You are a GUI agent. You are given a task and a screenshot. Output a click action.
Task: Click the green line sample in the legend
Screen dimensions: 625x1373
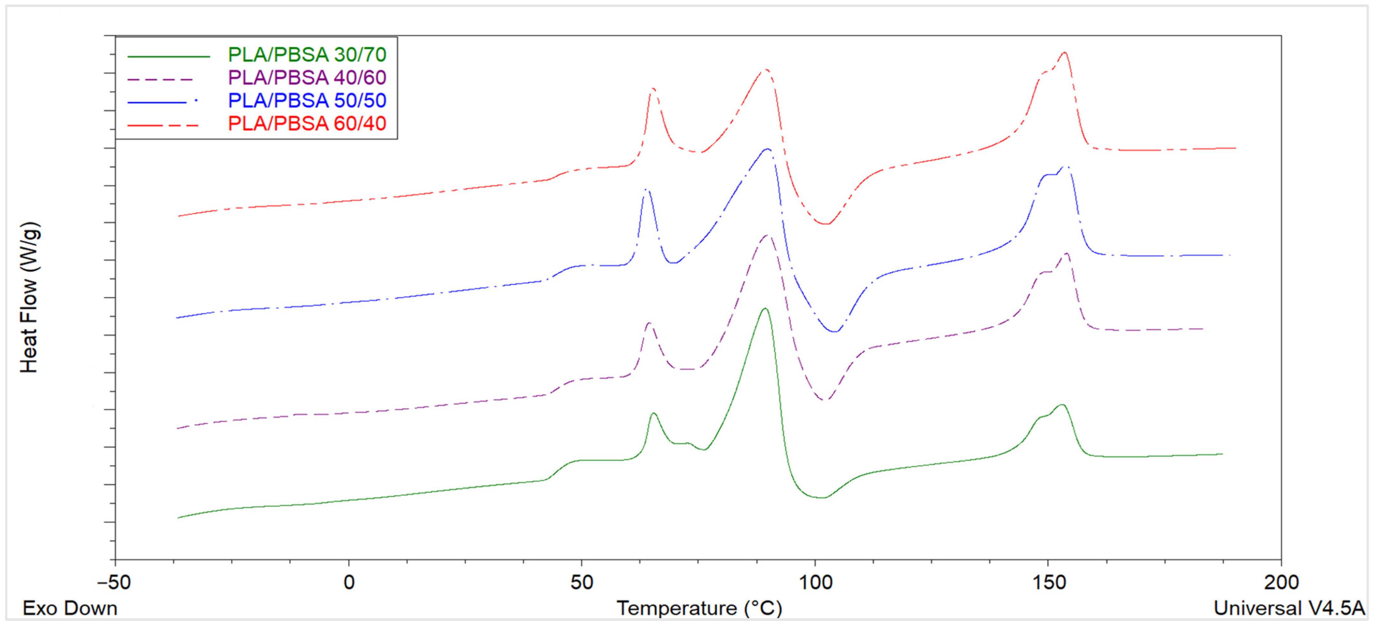169,56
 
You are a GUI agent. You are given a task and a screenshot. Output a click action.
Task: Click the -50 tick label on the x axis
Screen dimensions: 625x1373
114,582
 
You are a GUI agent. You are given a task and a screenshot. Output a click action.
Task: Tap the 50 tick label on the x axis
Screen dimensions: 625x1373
581,582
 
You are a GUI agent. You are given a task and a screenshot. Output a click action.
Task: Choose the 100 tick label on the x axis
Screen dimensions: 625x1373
815,582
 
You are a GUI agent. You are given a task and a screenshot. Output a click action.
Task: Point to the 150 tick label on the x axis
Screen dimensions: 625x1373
1048,582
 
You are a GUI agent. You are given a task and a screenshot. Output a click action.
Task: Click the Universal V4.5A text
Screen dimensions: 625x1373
1289,608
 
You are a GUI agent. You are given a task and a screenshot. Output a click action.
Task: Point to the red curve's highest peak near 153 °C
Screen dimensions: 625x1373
1064,52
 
